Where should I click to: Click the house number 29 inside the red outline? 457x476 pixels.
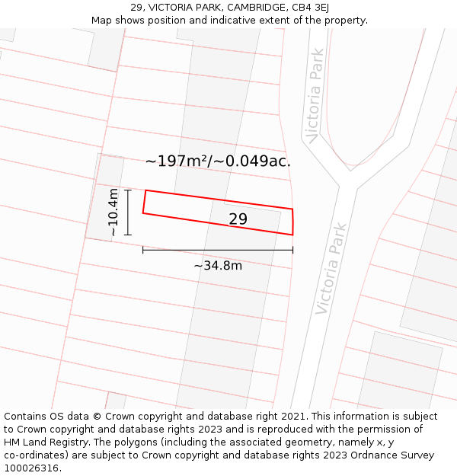pos(238,219)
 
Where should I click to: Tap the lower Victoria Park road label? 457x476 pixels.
pos(331,269)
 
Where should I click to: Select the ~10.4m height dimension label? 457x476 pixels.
pos(113,212)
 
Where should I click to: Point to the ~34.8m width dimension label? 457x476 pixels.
pos(218,266)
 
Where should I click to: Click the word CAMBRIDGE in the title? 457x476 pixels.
pos(241,8)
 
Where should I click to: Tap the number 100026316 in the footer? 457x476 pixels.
pos(33,468)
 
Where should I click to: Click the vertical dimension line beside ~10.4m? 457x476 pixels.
pos(128,212)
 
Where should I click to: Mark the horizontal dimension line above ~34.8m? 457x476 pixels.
pos(218,250)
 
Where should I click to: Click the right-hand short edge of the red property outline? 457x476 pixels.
pos(293,222)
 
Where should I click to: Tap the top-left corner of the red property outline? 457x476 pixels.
pos(145,190)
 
